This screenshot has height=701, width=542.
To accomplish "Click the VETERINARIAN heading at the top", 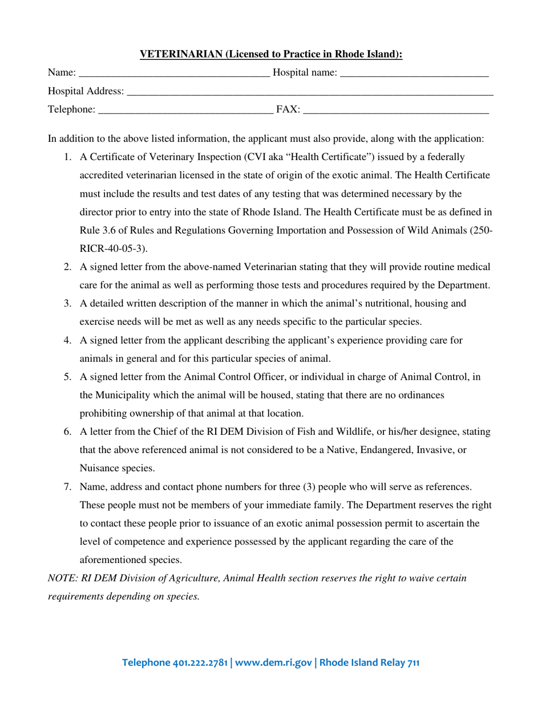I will (x=271, y=55).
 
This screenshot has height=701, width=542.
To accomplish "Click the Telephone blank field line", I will (x=186, y=111).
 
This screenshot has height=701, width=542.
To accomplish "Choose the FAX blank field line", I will (x=396, y=111).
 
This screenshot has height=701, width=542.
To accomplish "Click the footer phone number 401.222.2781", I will (x=199, y=662).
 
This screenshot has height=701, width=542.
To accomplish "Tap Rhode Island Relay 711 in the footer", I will (x=369, y=662).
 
